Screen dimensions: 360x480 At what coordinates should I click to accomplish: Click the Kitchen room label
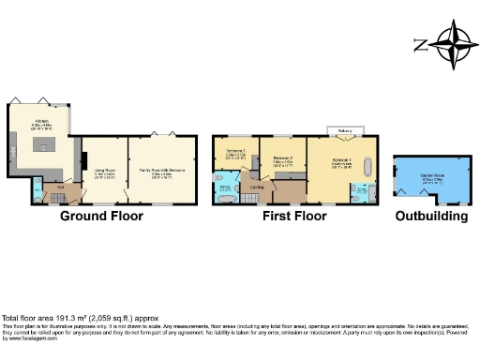coord(41,122)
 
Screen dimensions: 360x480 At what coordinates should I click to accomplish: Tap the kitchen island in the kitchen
coord(41,148)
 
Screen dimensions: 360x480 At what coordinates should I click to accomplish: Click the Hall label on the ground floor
coord(59,187)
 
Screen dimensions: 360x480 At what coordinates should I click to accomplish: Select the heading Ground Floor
coord(101,217)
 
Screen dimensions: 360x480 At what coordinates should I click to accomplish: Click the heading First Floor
coord(294,217)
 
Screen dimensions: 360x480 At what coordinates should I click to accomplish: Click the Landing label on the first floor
coord(257,187)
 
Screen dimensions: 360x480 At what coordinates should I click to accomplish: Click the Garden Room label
coord(429,179)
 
